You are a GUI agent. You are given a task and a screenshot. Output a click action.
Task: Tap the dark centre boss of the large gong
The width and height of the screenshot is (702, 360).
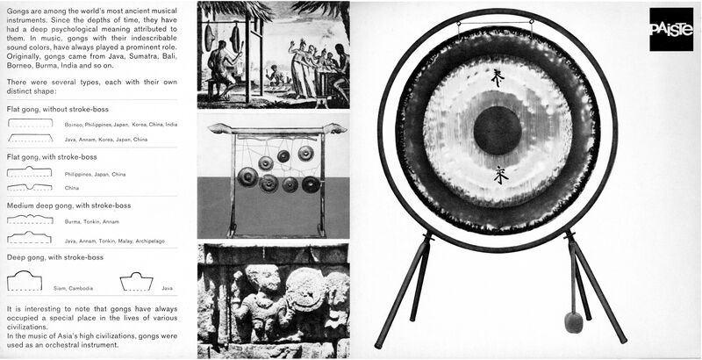pyautogui.click(x=498, y=131)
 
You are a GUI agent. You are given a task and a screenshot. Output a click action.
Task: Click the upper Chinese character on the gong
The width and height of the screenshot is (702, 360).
pyautogui.click(x=498, y=80)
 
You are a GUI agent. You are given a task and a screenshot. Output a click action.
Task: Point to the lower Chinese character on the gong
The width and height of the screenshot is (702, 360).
pyautogui.click(x=500, y=176)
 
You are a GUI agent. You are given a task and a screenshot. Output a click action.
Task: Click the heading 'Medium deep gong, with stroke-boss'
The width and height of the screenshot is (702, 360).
pyautogui.click(x=68, y=205)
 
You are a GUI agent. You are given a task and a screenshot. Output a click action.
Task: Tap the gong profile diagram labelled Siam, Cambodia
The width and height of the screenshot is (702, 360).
pyautogui.click(x=25, y=280)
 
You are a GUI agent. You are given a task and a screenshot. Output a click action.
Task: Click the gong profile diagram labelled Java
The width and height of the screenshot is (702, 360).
pyautogui.click(x=136, y=281)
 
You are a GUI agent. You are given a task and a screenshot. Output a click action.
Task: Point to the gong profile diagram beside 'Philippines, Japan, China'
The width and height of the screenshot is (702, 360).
pyautogui.click(x=29, y=172)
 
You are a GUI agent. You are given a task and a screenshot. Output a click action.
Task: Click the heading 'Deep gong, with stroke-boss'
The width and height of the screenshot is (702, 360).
pyautogui.click(x=54, y=257)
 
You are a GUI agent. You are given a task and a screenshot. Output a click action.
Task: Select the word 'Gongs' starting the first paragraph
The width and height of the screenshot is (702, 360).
pyautogui.click(x=18, y=8)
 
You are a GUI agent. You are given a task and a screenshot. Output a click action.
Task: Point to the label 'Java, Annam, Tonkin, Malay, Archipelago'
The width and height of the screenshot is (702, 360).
pyautogui.click(x=114, y=241)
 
